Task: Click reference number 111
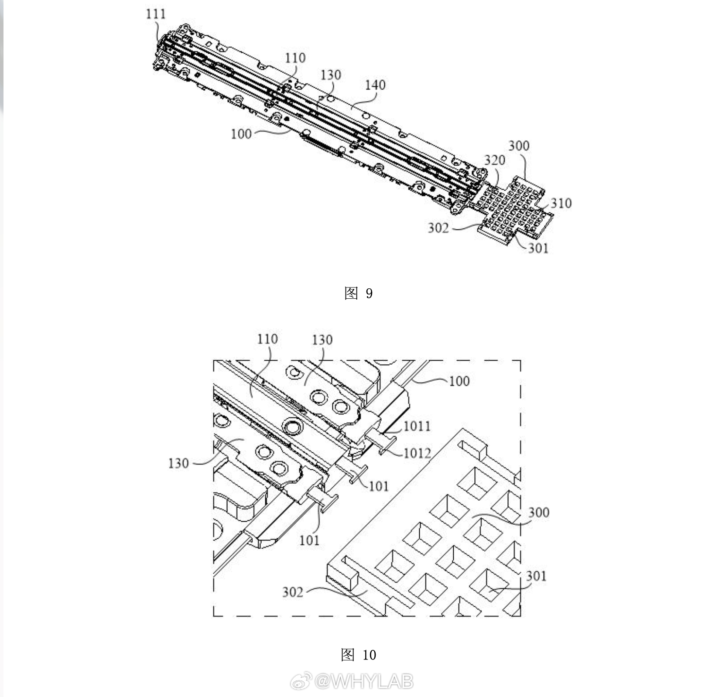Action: point(156,14)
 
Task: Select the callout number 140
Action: point(375,85)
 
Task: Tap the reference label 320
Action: point(495,160)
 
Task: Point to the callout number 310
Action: point(561,203)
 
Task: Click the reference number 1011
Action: point(417,426)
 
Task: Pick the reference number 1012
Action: point(417,453)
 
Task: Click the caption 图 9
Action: point(358,293)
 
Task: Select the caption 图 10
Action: point(358,654)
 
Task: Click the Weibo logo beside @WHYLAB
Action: point(301,681)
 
